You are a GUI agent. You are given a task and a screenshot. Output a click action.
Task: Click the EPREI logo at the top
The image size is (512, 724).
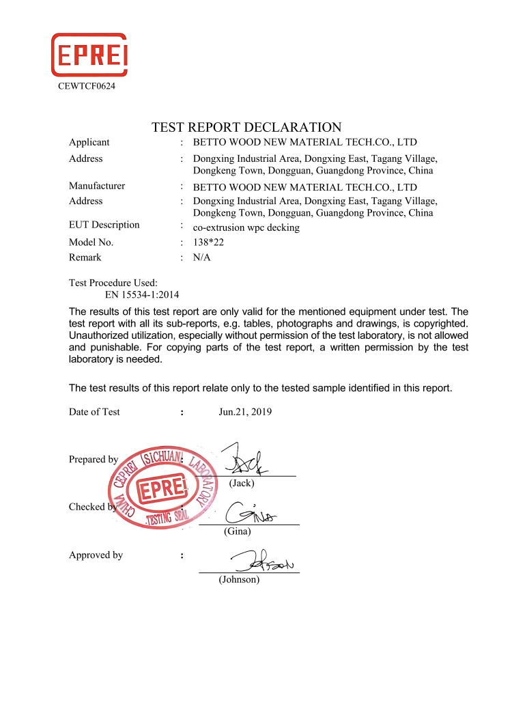[89, 55]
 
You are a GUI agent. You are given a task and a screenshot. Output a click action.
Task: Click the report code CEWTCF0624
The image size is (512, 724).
[87, 86]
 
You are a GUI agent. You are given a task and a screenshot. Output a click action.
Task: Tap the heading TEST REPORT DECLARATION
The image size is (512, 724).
[246, 128]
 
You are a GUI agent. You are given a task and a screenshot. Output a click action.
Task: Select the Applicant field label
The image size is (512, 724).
[89, 143]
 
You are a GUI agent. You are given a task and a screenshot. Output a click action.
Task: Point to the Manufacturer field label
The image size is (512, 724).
[97, 186]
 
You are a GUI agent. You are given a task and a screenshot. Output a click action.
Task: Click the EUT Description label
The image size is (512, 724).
[104, 225]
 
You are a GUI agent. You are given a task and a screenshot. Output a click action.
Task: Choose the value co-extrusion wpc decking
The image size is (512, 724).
[246, 227]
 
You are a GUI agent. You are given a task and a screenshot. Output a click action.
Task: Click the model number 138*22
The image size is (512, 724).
[209, 242]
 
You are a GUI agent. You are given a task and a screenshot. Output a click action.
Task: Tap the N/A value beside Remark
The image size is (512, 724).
[203, 257]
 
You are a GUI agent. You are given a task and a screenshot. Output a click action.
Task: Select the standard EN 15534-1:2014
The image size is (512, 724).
[142, 295]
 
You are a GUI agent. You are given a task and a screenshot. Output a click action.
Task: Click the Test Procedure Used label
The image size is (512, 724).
[113, 283]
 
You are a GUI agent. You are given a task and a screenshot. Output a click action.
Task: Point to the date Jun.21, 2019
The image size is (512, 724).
[245, 412]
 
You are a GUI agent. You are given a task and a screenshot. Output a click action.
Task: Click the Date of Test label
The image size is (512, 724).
[94, 412]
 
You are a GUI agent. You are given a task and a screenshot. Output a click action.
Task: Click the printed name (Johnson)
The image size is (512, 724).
[239, 579]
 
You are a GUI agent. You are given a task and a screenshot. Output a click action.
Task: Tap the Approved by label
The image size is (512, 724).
[96, 555]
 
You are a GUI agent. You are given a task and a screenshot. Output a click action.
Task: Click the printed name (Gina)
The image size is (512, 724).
[238, 531]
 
